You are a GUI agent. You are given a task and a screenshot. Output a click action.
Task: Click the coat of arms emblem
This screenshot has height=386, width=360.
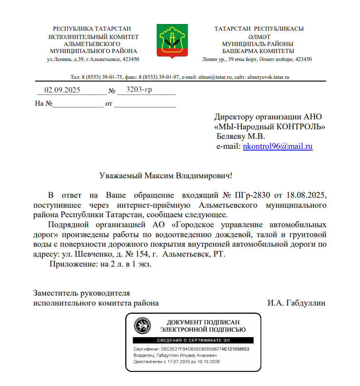[x=173, y=40]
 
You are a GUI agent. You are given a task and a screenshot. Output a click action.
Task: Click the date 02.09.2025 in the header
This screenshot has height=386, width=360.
[x=62, y=90]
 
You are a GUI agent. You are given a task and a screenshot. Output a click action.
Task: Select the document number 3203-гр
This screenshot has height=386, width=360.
[x=139, y=89]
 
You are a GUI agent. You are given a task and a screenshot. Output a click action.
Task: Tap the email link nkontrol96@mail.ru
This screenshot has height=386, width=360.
[x=277, y=146]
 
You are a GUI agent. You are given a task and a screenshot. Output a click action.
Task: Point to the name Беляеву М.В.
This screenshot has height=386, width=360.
[x=241, y=136]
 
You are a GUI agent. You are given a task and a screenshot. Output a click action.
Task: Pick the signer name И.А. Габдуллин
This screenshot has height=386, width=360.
[x=297, y=303]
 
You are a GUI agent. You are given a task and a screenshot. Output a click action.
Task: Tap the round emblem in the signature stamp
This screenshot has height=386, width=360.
[x=142, y=326]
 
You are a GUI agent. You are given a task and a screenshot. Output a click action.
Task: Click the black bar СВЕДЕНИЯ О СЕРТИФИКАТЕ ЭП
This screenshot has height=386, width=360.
[x=193, y=340]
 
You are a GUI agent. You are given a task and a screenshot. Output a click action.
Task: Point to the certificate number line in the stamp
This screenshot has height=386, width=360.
[x=191, y=349]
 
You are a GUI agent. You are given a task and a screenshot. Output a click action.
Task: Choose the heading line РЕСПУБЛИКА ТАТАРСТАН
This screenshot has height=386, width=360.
[x=92, y=29]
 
